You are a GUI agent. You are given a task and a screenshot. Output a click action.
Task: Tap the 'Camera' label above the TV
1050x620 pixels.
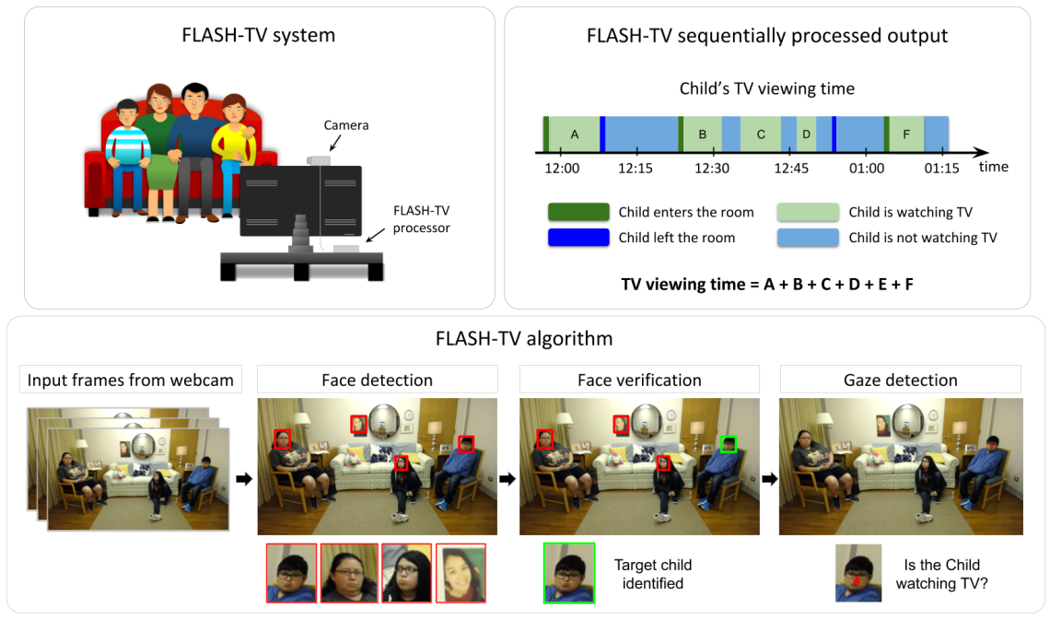pos(345,124)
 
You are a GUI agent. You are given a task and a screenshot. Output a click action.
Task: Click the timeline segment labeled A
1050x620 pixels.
pos(575,135)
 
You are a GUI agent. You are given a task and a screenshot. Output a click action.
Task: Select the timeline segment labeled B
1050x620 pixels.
pos(703,135)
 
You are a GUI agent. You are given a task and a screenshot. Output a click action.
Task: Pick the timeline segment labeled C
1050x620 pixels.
pos(761,135)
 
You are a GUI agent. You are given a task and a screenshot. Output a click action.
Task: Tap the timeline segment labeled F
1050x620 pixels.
pos(906,135)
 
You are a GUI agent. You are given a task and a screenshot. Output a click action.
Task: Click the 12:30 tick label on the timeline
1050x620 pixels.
pos(712,169)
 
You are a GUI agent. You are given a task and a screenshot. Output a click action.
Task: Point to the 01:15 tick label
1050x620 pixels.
pos(941,169)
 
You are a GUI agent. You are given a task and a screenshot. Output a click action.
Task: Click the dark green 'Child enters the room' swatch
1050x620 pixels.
pos(577,212)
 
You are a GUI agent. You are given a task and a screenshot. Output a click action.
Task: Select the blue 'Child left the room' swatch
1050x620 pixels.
pos(577,238)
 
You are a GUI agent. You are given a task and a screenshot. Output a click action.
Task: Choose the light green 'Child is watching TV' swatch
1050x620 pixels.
pos(808,212)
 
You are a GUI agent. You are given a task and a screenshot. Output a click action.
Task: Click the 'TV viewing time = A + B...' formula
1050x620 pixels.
pos(767,284)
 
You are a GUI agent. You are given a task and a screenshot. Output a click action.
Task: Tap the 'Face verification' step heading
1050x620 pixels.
pos(639,380)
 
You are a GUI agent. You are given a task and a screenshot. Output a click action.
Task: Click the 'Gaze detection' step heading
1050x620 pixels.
pos(900,380)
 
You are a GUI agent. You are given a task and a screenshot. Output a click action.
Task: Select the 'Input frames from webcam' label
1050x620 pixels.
pos(131,380)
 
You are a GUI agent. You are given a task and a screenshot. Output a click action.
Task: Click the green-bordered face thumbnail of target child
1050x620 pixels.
pos(568,573)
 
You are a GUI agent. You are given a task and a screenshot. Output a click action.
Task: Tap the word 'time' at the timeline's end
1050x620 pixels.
pos(994,167)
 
